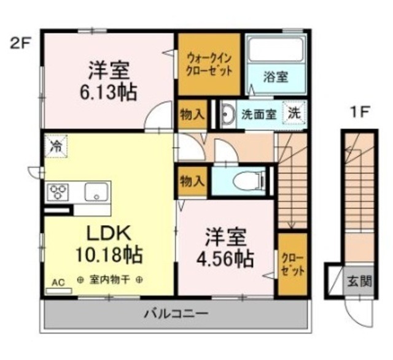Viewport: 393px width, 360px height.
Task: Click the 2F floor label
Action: (20, 44)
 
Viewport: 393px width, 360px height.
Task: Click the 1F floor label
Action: (360, 113)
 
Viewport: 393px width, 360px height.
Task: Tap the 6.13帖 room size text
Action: (108, 93)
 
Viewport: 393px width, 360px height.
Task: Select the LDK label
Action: (109, 233)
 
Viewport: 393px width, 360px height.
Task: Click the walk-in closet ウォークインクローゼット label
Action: (209, 64)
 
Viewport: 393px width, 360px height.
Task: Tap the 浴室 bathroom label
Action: (276, 77)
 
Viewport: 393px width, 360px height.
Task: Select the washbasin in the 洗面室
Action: (228, 114)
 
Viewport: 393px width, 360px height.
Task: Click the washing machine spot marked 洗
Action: (295, 113)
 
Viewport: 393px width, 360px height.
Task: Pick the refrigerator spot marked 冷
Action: (56, 147)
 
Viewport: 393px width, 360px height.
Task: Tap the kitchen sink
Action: (97, 191)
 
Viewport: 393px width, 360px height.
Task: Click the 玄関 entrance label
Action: (359, 282)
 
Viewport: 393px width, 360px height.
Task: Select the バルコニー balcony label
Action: (176, 313)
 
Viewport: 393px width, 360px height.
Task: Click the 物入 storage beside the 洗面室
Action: (192, 115)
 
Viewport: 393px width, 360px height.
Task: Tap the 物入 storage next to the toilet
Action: (192, 181)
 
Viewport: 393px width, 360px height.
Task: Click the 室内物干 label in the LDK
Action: (109, 280)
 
